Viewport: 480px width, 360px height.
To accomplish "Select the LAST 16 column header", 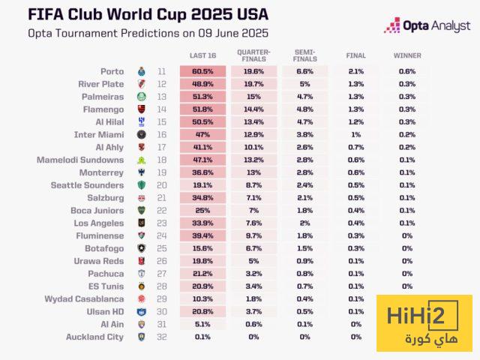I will [x=202, y=55].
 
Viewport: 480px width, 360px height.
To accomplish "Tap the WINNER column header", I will [x=407, y=55].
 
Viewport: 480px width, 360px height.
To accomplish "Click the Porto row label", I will [x=112, y=71].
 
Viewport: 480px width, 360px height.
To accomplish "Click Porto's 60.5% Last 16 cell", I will [x=202, y=71].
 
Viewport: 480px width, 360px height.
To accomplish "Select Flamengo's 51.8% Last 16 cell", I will [x=202, y=109].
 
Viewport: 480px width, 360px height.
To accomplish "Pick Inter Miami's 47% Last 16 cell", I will [x=202, y=134].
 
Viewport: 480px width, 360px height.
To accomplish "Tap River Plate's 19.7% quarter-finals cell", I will [x=253, y=84].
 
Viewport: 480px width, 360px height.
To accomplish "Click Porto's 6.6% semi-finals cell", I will [x=304, y=71].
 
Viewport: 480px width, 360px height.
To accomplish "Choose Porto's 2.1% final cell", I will [x=356, y=71].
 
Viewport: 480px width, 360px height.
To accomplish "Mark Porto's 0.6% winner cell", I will [x=407, y=71].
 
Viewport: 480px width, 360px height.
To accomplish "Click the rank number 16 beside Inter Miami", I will [x=162, y=134].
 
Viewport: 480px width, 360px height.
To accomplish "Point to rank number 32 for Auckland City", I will [x=162, y=337].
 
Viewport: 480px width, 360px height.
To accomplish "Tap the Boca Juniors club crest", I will [x=141, y=211].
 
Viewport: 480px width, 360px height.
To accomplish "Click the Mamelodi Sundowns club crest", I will [x=141, y=160].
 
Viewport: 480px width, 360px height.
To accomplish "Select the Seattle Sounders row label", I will [x=87, y=185].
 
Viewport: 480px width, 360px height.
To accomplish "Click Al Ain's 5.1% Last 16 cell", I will [x=202, y=324].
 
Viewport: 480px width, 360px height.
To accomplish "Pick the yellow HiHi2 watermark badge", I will [x=424, y=322].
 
